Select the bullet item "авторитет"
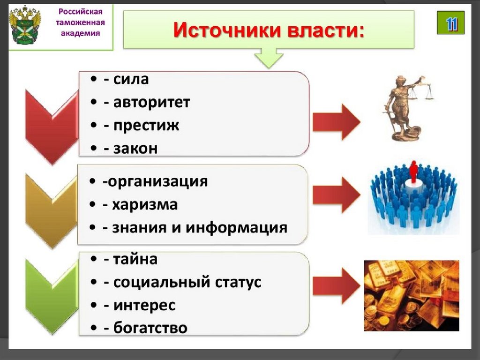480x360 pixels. click(x=151, y=102)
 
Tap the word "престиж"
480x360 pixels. click(x=146, y=126)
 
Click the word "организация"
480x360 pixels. click(x=157, y=181)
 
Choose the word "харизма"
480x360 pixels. click(x=145, y=205)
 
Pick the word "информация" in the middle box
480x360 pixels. click(x=236, y=228)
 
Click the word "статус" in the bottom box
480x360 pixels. click(x=238, y=282)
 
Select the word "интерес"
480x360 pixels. click(x=144, y=305)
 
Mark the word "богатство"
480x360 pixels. click(x=150, y=328)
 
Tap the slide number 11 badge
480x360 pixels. click(x=450, y=23)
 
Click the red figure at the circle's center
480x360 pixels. click(x=413, y=172)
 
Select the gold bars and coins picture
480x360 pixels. click(x=412, y=295)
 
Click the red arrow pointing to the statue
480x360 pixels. click(x=336, y=122)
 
